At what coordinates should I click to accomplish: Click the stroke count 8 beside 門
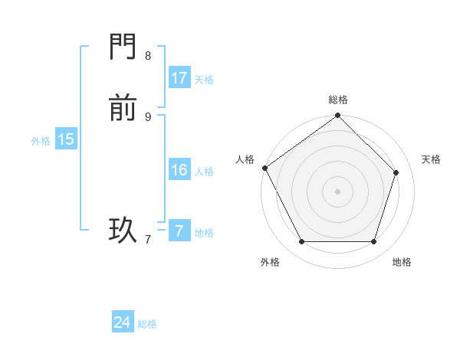click(x=148, y=55)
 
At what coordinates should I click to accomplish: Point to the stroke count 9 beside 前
click(x=148, y=116)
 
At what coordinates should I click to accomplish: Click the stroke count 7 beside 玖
click(x=148, y=239)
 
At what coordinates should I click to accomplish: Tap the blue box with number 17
click(x=179, y=78)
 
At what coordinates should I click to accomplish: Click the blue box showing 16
click(x=179, y=170)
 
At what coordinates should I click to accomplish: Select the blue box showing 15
click(x=66, y=139)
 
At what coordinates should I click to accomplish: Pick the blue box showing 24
click(x=123, y=322)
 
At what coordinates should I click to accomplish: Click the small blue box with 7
click(x=179, y=231)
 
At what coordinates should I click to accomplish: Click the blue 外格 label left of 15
click(x=41, y=141)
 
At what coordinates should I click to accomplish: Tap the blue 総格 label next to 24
click(x=147, y=324)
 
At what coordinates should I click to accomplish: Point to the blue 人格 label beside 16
click(x=204, y=172)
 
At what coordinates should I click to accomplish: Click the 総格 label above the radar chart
click(x=338, y=100)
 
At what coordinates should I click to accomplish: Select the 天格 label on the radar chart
click(x=431, y=159)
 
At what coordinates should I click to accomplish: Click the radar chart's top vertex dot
click(x=338, y=116)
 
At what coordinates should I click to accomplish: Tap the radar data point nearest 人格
click(x=264, y=168)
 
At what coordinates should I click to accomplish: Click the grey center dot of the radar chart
click(x=338, y=191)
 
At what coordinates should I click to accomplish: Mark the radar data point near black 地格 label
click(x=373, y=241)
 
